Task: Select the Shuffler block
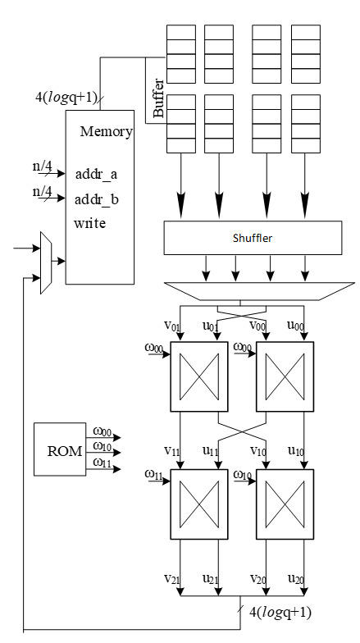(252, 238)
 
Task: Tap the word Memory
(107, 131)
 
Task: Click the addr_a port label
(97, 174)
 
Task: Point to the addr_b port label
(97, 198)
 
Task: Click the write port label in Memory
(89, 223)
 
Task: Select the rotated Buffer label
(158, 98)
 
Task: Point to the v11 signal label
(173, 452)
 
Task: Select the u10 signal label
(296, 452)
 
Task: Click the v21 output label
(173, 579)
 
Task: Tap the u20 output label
(296, 579)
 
